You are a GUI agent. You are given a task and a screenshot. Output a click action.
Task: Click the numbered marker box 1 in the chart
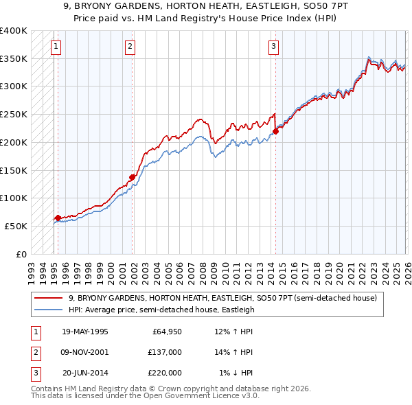pyautogui.click(x=56, y=47)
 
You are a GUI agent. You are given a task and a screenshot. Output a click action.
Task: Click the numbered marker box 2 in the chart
pyautogui.click(x=130, y=47)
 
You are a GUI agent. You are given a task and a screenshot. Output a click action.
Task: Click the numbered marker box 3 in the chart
pyautogui.click(x=273, y=47)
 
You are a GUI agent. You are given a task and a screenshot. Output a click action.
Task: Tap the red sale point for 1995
pyautogui.click(x=58, y=218)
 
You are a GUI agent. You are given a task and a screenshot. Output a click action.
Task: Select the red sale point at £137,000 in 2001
pyautogui.click(x=132, y=177)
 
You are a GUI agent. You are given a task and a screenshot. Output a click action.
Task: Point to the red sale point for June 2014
pyautogui.click(x=275, y=131)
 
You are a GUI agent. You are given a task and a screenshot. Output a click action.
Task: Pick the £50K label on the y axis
pyautogui.click(x=16, y=226)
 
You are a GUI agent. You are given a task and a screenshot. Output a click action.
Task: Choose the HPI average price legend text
pyautogui.click(x=161, y=310)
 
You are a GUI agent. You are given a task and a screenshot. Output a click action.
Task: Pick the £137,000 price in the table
pyautogui.click(x=164, y=352)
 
